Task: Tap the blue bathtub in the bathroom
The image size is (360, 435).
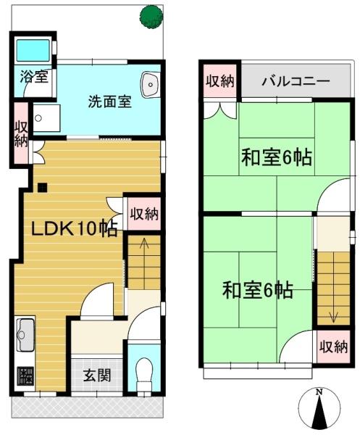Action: [32, 50]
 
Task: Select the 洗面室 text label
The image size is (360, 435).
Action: [109, 101]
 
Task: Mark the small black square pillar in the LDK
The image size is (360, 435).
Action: [42, 188]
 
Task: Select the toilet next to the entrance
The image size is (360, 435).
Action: [144, 370]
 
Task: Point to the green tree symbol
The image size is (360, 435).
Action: [152, 16]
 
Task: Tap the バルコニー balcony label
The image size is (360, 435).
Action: [296, 80]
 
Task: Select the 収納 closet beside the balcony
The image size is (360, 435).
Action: [219, 80]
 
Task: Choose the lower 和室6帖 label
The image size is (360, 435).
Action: [257, 291]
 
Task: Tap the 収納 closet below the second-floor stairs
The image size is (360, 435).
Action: [333, 346]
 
